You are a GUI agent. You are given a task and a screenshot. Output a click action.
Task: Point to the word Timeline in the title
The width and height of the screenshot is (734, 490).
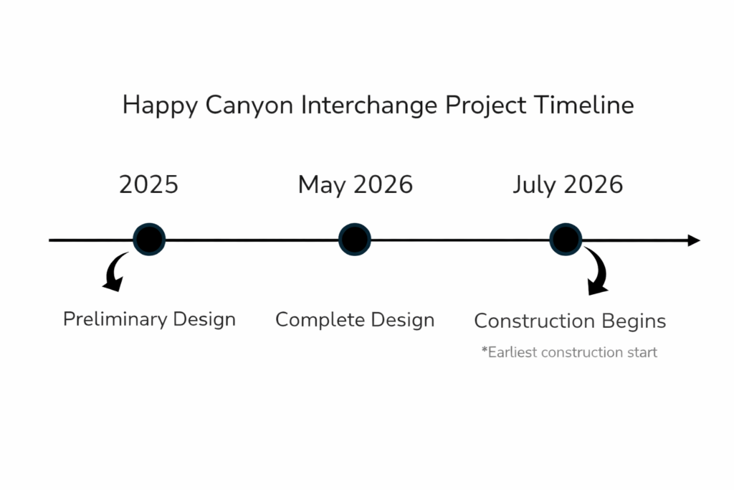(x=583, y=105)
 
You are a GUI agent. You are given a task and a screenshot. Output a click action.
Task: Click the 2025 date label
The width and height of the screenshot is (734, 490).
(x=148, y=185)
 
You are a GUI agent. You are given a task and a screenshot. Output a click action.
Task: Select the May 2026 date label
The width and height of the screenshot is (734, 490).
(x=356, y=185)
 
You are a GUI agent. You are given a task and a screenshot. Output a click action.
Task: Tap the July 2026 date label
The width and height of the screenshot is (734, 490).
(x=568, y=185)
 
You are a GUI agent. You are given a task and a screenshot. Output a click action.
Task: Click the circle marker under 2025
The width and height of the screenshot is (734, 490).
(x=149, y=240)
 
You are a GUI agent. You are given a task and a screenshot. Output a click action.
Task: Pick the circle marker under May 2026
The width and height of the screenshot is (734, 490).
(x=355, y=240)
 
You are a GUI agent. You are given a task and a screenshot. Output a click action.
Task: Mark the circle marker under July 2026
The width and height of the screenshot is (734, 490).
(x=566, y=240)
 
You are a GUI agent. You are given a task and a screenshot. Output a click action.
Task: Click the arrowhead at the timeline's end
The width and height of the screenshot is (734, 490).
(x=693, y=240)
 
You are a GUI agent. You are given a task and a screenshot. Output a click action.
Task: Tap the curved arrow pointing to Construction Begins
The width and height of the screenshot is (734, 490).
(x=597, y=273)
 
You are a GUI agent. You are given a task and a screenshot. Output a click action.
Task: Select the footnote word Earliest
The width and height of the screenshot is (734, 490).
(x=512, y=353)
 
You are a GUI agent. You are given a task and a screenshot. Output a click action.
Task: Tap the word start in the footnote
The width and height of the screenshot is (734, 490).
(x=642, y=353)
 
